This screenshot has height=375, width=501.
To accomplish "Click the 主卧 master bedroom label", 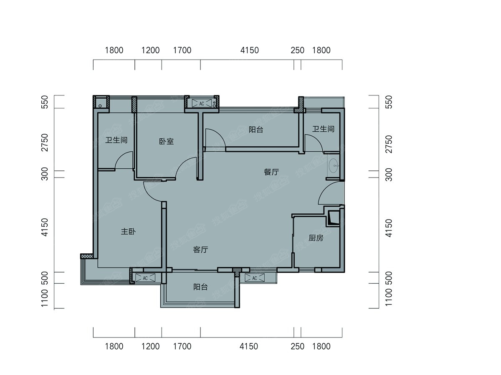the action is [128, 232].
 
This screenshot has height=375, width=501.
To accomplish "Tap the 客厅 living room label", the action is [200, 250].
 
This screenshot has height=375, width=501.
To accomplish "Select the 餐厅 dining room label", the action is [271, 172].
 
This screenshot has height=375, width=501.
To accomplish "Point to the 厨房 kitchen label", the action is [316, 238].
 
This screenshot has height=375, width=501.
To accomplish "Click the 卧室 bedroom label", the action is [167, 142].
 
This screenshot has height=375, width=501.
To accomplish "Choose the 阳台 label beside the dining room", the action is [256, 130].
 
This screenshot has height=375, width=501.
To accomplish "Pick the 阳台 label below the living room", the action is [200, 287].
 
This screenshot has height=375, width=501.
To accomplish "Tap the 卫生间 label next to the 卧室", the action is [116, 140].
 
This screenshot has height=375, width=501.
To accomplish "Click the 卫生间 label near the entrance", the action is [323, 129].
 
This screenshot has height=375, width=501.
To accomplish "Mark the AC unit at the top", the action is [202, 103].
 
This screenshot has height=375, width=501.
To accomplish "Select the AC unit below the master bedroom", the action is [145, 278].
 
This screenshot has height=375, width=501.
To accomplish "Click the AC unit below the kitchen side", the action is [255, 278].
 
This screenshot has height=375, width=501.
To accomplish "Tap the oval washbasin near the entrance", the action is [333, 166].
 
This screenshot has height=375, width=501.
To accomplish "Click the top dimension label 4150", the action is [250, 50].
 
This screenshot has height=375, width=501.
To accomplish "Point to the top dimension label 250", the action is [297, 50].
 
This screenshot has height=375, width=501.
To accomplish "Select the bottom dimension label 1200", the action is [150, 346].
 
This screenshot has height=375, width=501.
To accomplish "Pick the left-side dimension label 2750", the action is [45, 142].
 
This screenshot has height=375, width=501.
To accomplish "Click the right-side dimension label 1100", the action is [388, 297].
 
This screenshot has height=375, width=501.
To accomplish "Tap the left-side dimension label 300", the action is [45, 174].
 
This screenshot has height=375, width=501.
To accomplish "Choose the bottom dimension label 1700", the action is [182, 346].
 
